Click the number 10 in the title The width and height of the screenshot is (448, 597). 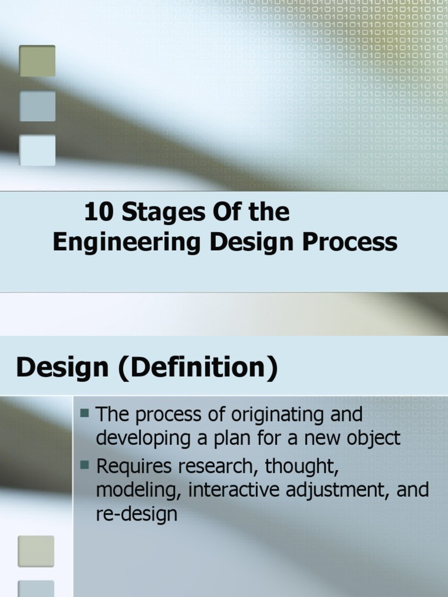click(98, 213)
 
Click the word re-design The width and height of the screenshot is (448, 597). click(136, 514)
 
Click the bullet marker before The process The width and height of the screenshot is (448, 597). click(85, 413)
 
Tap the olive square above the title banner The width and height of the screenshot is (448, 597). click(37, 61)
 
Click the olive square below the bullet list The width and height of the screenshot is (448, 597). click(36, 551)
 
